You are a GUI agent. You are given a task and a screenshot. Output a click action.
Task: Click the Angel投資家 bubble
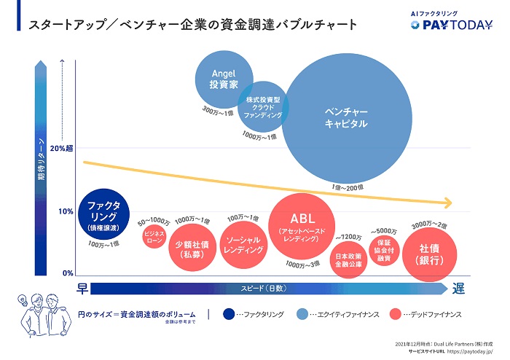224,79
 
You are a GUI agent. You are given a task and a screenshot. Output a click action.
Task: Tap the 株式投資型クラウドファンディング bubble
262,106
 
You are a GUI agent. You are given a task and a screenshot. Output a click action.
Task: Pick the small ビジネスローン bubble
154,238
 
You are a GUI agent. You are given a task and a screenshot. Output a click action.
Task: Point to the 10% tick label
65,211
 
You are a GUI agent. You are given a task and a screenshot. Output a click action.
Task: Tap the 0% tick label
66,273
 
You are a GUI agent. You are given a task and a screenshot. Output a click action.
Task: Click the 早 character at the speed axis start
82,289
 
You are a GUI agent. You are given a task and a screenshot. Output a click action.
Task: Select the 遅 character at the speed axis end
458,289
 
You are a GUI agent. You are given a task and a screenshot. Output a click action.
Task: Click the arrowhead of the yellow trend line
450,203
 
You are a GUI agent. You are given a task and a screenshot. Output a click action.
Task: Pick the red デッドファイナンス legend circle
396,314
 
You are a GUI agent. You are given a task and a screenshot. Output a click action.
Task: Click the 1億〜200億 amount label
348,187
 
